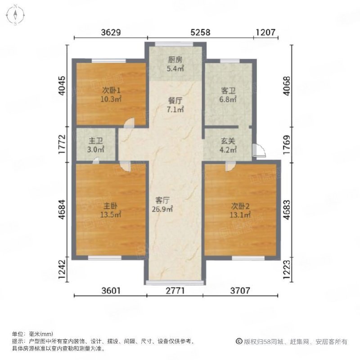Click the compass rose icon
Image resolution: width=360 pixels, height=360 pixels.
point(15,15)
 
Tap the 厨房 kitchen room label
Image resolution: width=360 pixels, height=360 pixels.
point(175,60)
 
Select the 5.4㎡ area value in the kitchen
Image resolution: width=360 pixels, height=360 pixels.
point(175,68)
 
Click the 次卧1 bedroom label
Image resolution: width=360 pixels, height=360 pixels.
point(111,90)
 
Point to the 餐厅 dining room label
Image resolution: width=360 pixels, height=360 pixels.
point(175,100)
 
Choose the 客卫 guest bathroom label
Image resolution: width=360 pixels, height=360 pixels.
point(228,91)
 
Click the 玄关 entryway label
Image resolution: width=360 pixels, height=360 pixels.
point(228,141)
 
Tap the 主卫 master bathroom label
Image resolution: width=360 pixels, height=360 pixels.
point(96,141)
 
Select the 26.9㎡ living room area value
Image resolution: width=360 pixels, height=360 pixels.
point(162,209)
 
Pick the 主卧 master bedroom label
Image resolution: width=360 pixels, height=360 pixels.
point(110,206)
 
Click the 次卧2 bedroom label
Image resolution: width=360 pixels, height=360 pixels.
point(240,207)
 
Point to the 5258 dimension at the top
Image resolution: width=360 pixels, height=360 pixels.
point(200,32)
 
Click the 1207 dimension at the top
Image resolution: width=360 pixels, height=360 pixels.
point(265,32)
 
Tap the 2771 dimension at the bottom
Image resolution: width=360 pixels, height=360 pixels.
point(175,291)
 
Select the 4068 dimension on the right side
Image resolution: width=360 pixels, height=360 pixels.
point(287,85)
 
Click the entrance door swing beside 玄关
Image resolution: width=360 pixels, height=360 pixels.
point(259,150)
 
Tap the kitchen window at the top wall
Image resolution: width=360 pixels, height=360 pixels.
point(174,44)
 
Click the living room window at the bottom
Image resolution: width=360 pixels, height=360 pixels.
point(175,283)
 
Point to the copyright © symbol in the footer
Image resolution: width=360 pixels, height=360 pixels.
point(239,342)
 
